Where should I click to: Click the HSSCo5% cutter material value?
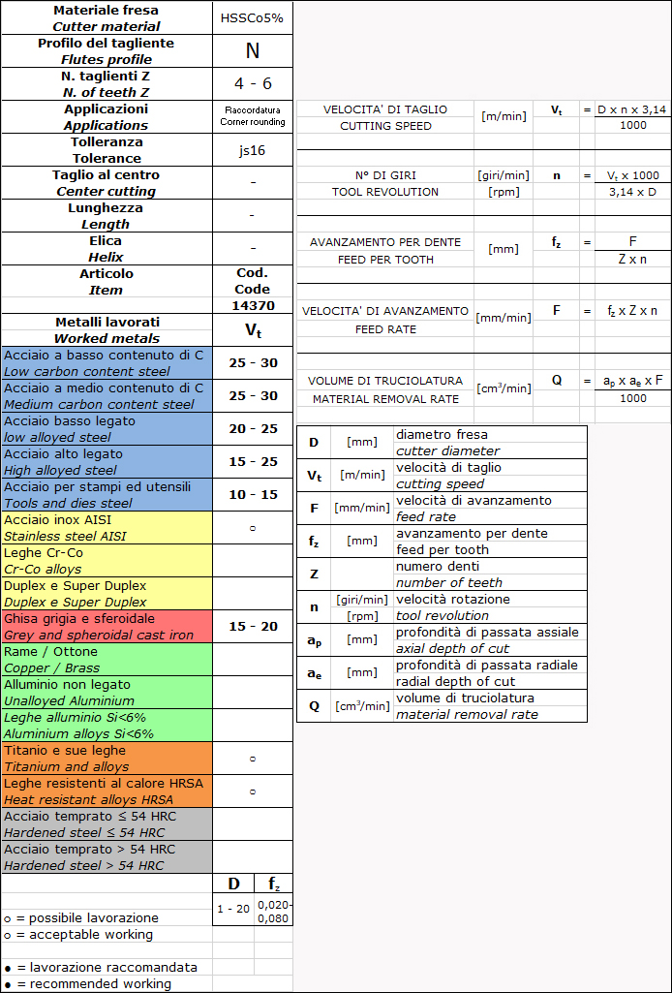click(x=252, y=18)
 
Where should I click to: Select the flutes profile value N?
click(x=252, y=51)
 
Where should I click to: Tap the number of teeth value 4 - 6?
click(x=253, y=83)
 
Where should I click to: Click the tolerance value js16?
click(x=252, y=150)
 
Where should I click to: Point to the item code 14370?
click(x=252, y=305)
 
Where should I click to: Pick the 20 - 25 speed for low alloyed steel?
click(x=253, y=429)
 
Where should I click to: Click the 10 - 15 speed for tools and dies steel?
click(x=253, y=495)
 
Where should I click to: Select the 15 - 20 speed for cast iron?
click(x=253, y=627)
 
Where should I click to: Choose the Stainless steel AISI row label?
click(x=65, y=536)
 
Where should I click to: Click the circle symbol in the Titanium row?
click(x=253, y=759)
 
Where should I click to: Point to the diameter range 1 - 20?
click(x=233, y=909)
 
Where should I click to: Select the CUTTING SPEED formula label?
click(x=385, y=126)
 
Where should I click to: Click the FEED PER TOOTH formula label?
click(x=384, y=260)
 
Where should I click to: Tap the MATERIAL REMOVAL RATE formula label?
click(x=384, y=399)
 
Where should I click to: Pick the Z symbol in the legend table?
click(x=314, y=574)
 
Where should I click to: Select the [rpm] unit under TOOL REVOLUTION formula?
click(x=504, y=192)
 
